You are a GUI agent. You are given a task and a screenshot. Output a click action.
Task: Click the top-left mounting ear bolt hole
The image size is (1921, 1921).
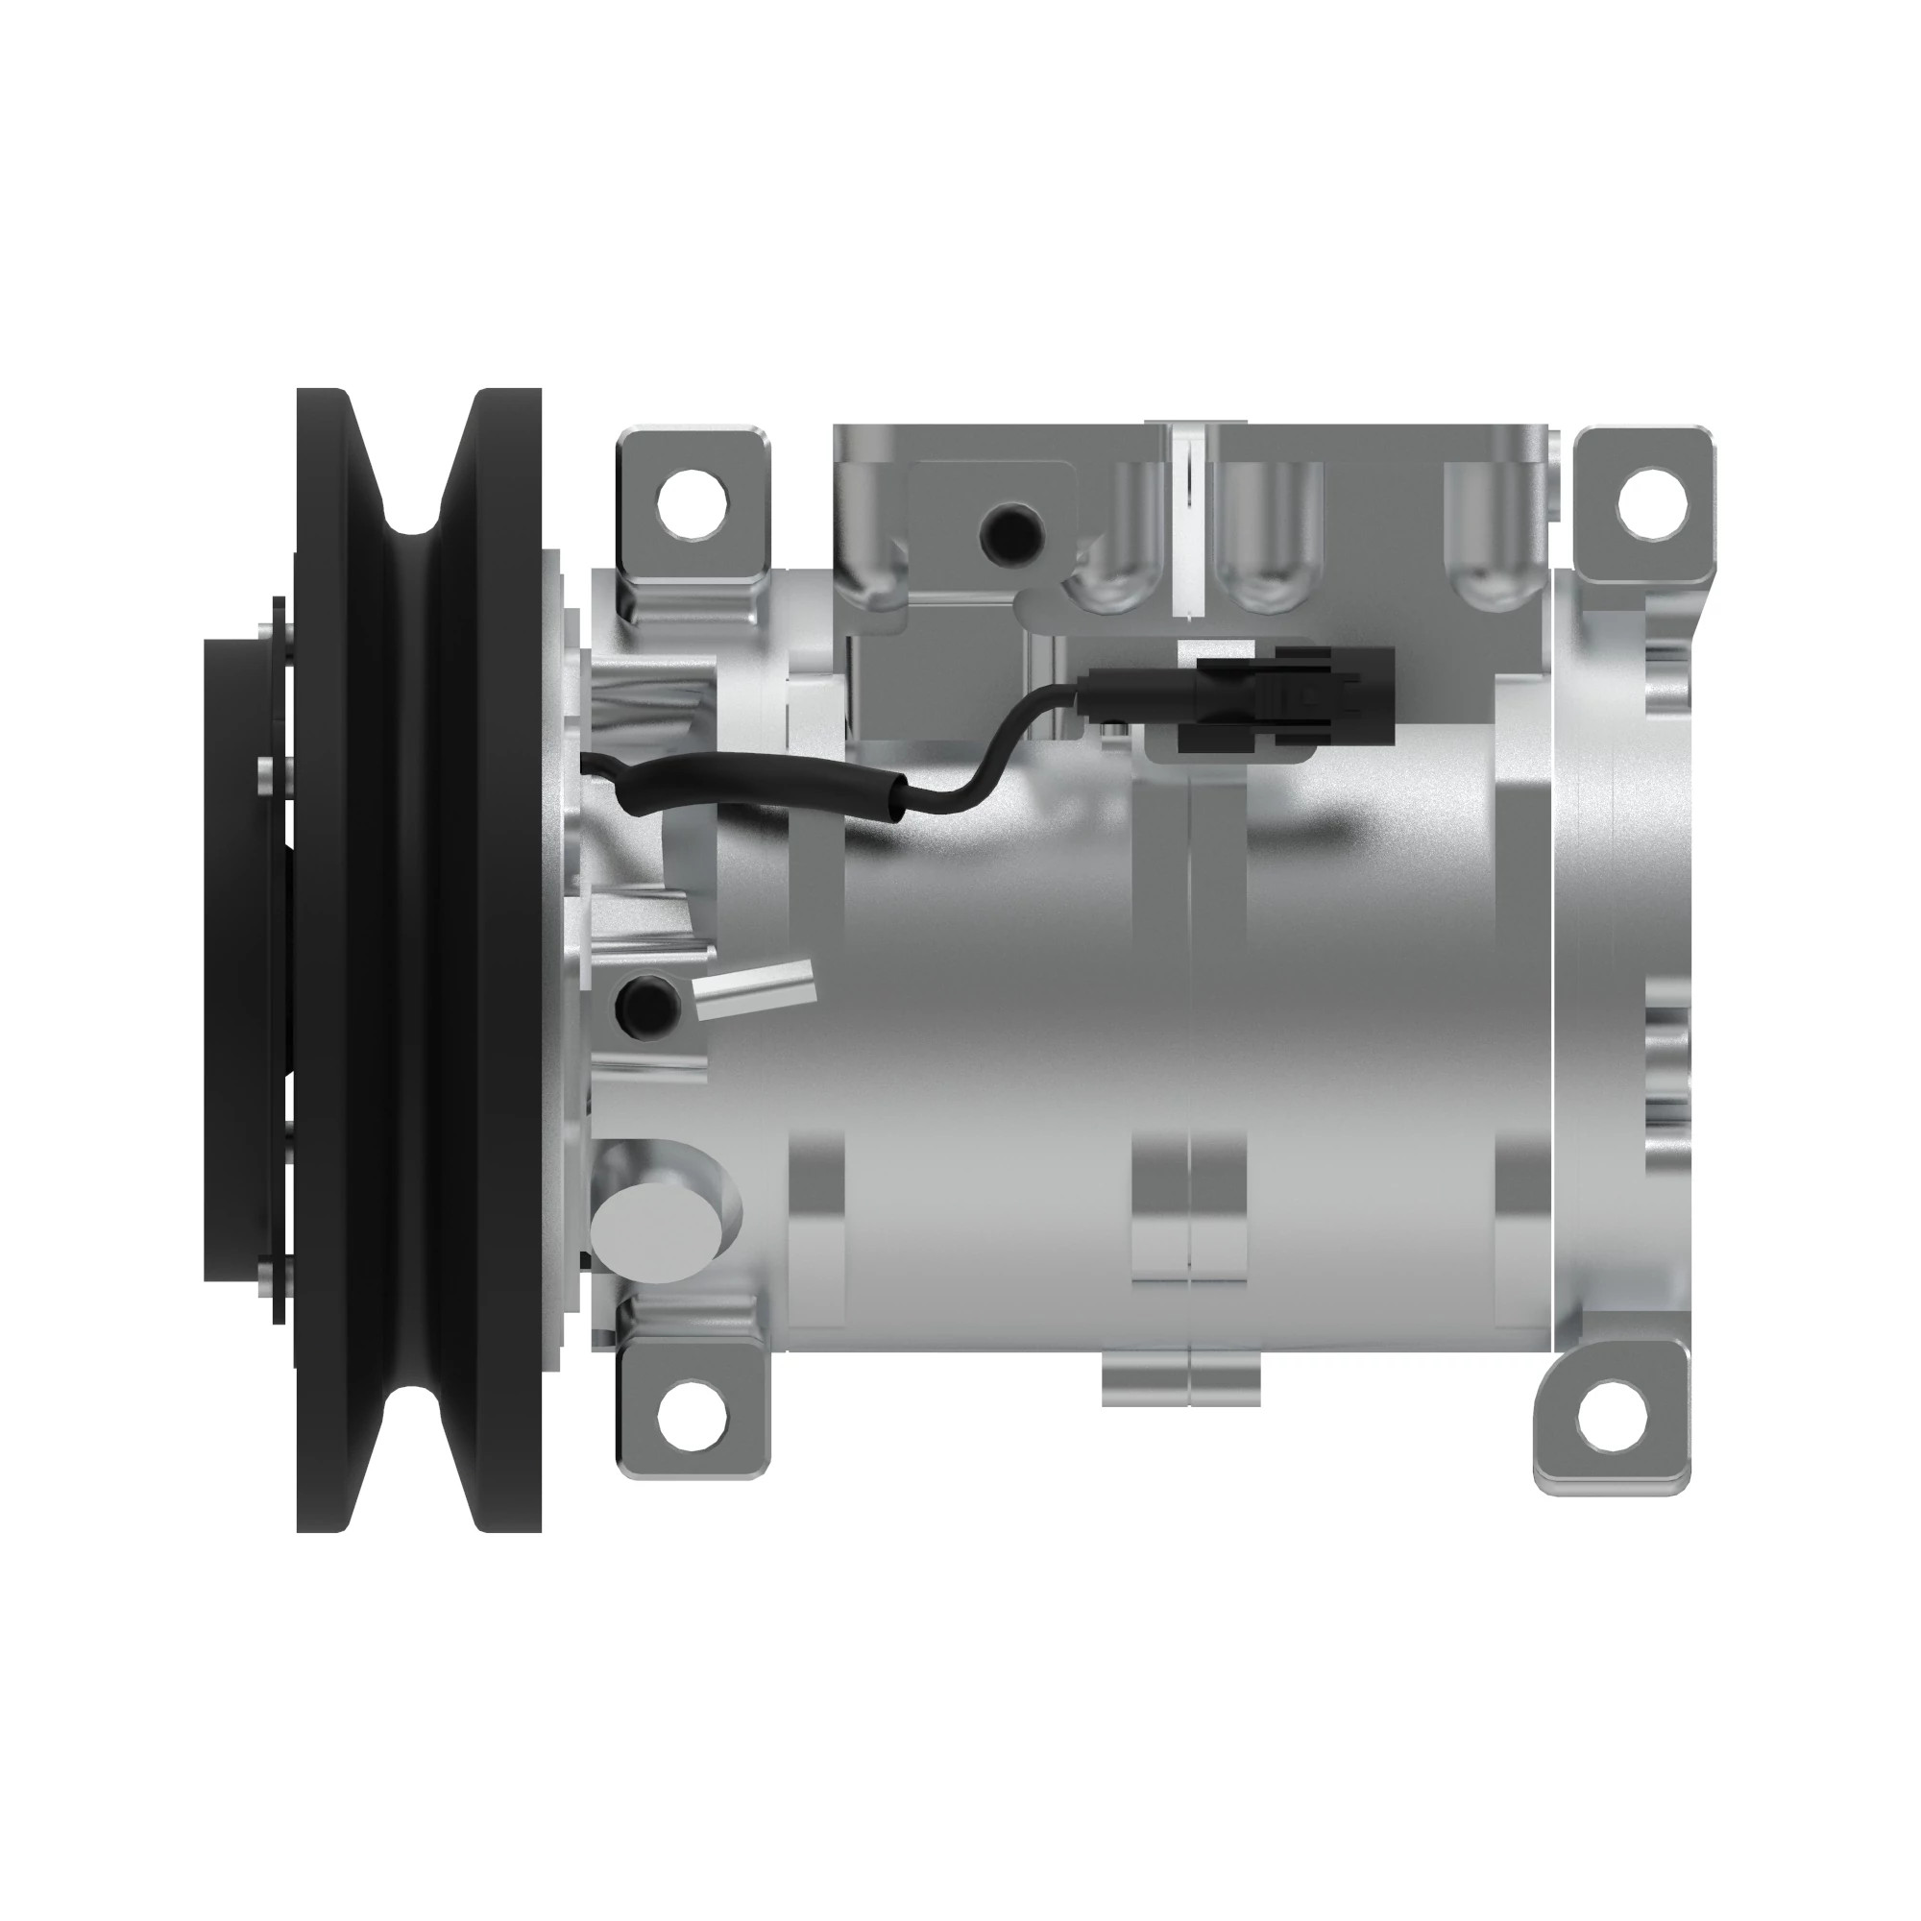point(693,502)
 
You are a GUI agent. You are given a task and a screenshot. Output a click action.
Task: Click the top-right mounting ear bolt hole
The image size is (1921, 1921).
point(1652,500)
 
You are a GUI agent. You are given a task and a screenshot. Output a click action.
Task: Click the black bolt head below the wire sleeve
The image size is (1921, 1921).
point(648,1005)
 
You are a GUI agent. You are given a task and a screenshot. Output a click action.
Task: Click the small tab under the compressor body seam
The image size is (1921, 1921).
point(1181,1376)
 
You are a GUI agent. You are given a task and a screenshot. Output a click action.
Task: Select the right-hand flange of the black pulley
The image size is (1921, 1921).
point(507,955)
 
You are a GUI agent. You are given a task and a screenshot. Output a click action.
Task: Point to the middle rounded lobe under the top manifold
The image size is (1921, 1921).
point(1265,576)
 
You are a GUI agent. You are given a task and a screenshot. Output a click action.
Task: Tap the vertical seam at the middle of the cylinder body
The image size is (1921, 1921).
point(1190,994)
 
